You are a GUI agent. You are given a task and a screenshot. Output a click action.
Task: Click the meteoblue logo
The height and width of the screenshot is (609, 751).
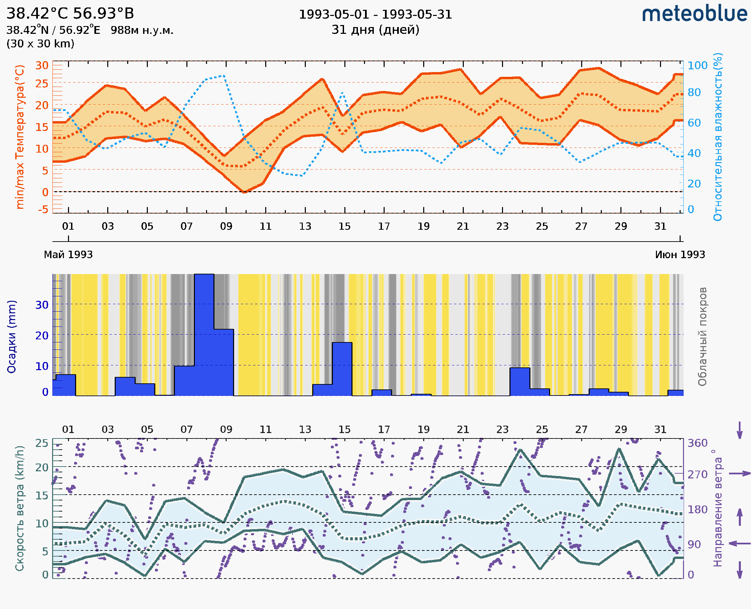pos(694,14)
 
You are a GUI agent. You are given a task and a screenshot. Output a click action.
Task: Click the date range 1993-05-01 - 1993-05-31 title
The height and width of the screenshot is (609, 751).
pos(375,15)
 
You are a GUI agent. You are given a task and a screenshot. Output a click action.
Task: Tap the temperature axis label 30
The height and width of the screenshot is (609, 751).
pos(42,65)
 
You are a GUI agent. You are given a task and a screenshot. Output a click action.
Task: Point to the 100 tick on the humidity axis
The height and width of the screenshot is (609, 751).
pos(697,65)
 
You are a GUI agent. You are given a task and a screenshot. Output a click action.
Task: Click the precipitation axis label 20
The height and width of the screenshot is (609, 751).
pos(42,336)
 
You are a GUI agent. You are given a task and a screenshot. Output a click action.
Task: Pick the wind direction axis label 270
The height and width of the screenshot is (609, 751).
pos(697,474)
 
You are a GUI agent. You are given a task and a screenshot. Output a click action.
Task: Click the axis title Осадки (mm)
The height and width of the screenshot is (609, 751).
pos(12,337)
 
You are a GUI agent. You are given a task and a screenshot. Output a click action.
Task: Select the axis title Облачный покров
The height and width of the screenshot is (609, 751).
pos(702,337)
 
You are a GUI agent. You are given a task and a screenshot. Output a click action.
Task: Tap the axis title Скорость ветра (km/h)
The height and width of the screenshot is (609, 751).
pos(20,508)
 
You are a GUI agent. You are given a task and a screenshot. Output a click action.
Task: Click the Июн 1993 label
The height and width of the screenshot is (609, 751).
pos(680,255)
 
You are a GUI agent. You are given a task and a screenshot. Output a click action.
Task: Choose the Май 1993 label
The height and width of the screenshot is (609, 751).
pos(68,255)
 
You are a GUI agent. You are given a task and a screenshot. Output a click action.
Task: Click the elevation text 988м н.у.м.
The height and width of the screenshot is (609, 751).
pos(142,30)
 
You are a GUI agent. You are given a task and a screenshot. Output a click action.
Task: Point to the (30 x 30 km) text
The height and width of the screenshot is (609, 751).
pos(40,44)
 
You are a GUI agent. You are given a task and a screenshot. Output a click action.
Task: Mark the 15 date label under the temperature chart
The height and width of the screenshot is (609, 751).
pos(344,226)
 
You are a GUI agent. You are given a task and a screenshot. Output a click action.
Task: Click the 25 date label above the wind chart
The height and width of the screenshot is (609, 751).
pos(542,429)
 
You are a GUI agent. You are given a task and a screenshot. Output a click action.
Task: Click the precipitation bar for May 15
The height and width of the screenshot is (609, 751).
pos(342,369)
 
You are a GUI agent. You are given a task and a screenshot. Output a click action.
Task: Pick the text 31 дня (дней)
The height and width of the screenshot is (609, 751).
pos(375,30)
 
